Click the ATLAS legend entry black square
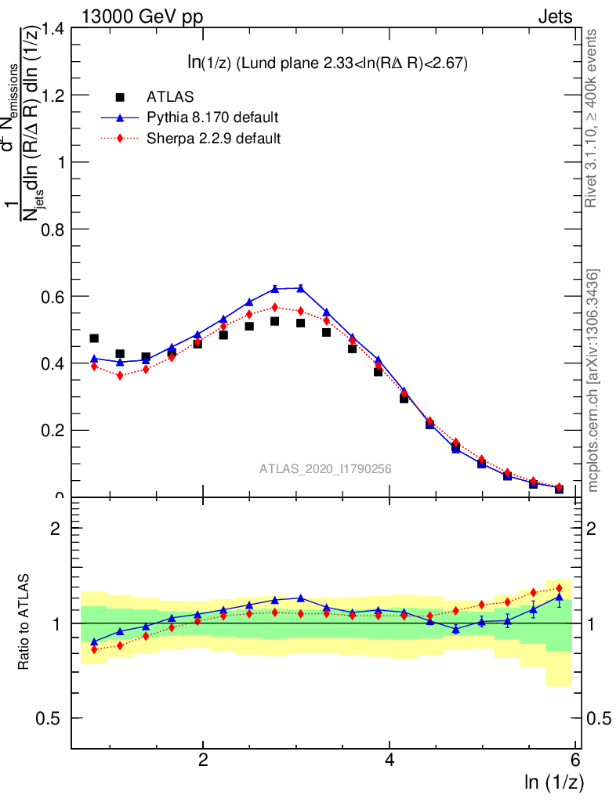[120, 97]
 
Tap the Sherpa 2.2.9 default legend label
[214, 139]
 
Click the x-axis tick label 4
[390, 760]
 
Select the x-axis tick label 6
[576, 760]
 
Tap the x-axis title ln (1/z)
[554, 782]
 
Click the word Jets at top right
[555, 16]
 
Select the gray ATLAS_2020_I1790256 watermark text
[325, 469]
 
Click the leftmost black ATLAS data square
[94, 338]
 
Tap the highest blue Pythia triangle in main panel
[301, 288]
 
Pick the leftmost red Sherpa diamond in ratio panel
[94, 649]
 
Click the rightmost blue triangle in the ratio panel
[559, 597]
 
